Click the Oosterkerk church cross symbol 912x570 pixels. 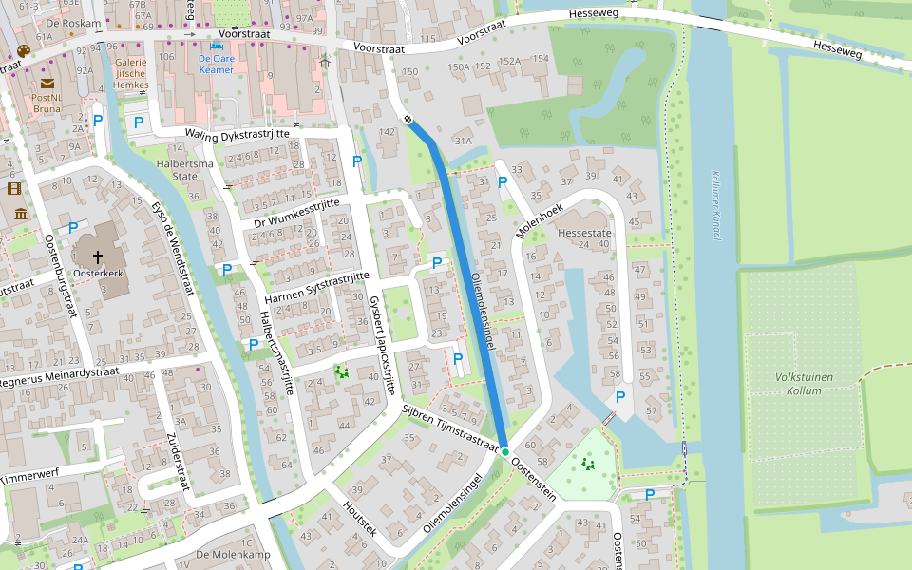point(98,257)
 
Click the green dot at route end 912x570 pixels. point(505,451)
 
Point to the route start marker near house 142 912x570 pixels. point(407,120)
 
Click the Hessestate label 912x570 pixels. point(584,232)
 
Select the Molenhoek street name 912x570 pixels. point(540,220)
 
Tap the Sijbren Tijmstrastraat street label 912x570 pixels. point(450,427)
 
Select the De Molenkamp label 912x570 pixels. point(233,554)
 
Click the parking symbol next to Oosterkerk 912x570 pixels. point(73,228)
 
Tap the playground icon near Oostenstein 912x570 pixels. point(588,465)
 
